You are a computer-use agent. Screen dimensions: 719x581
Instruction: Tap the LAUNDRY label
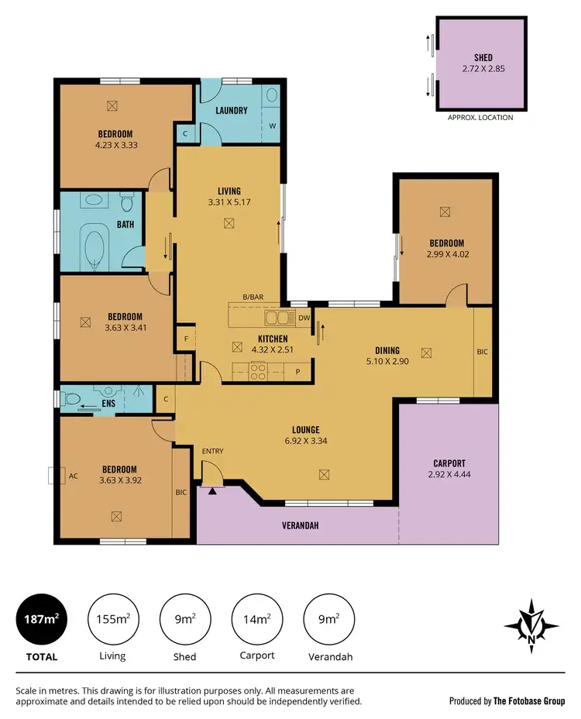click(x=232, y=111)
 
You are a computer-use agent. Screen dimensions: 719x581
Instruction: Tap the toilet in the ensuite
click(x=72, y=399)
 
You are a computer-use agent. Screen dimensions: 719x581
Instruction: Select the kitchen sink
click(x=277, y=317)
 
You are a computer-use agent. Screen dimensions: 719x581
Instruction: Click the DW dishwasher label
click(x=304, y=318)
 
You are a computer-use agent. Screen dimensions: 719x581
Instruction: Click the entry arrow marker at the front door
click(x=212, y=490)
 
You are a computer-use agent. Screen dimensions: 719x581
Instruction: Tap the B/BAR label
click(x=253, y=298)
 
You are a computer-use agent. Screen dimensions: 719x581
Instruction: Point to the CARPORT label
click(x=449, y=463)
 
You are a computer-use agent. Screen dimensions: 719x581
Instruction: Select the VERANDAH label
click(x=300, y=525)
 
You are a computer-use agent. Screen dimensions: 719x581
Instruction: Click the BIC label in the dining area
click(x=483, y=352)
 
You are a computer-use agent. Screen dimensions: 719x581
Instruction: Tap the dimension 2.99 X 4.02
click(x=445, y=253)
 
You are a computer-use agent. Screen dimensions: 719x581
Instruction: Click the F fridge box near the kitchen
click(x=186, y=338)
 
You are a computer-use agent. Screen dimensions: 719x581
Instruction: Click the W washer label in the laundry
click(x=272, y=126)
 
